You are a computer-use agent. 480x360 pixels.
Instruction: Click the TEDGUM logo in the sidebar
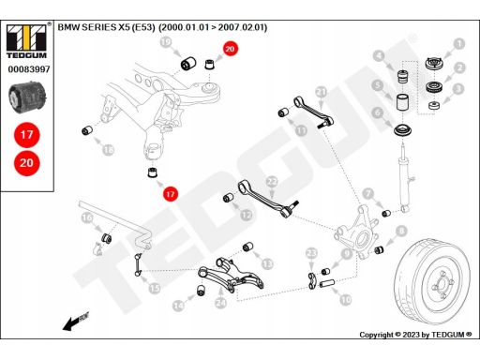coord(26,41)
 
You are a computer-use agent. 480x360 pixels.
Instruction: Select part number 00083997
coord(29,69)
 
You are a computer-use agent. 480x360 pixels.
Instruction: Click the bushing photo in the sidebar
coord(27,97)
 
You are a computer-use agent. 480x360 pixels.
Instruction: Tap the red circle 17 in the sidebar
coord(27,135)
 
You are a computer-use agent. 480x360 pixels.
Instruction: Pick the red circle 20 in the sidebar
coord(27,163)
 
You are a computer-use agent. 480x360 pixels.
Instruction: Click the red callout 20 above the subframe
coord(230,49)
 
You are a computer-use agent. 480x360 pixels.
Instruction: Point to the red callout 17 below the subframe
coord(170,194)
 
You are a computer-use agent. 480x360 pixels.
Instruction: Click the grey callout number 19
coord(166,41)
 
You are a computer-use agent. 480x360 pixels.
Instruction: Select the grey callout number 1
coord(458,44)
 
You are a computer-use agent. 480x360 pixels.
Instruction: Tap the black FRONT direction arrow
coord(75,322)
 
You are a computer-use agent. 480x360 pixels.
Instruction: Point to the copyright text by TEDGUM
coord(415,335)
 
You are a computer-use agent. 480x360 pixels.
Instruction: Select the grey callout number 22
coord(272,182)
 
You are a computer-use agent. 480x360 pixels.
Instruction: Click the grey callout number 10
coord(345,300)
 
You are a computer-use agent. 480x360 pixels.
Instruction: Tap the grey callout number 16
coord(87,217)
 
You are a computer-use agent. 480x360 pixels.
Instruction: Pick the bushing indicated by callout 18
coord(87,130)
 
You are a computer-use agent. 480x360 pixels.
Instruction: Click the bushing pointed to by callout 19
coord(188,63)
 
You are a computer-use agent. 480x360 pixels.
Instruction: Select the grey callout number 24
coord(220,303)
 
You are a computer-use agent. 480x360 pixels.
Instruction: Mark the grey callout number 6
coord(378,112)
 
